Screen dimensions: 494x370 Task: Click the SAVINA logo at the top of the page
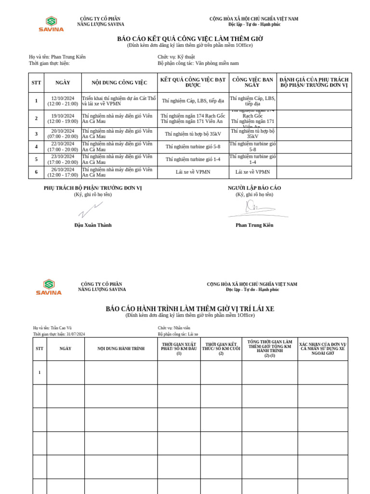[51, 24]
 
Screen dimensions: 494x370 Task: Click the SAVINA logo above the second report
[49, 287]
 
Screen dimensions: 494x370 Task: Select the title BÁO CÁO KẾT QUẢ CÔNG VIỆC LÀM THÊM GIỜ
[190, 39]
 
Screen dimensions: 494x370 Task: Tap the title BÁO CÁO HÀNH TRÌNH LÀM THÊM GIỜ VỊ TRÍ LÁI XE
[190, 309]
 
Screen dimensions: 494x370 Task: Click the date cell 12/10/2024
[63, 101]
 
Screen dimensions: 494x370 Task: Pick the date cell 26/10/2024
[63, 172]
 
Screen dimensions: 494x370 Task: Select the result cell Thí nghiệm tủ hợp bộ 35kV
[193, 134]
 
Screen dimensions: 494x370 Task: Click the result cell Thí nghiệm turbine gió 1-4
[193, 160]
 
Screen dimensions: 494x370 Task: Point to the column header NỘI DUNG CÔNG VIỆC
[119, 82]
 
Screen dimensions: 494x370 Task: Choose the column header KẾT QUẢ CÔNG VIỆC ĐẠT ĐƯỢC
[193, 82]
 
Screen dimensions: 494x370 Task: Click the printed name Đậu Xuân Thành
[93, 225]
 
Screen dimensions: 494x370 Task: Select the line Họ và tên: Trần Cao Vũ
[52, 328]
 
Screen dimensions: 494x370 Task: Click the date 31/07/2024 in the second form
[76, 334]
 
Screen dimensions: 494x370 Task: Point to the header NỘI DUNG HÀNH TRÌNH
[121, 349]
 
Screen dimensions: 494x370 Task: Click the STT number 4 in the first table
[36, 147]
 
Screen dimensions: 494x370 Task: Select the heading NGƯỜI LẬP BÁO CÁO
[254, 188]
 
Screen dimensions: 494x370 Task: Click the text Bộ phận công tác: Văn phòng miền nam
[198, 63]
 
